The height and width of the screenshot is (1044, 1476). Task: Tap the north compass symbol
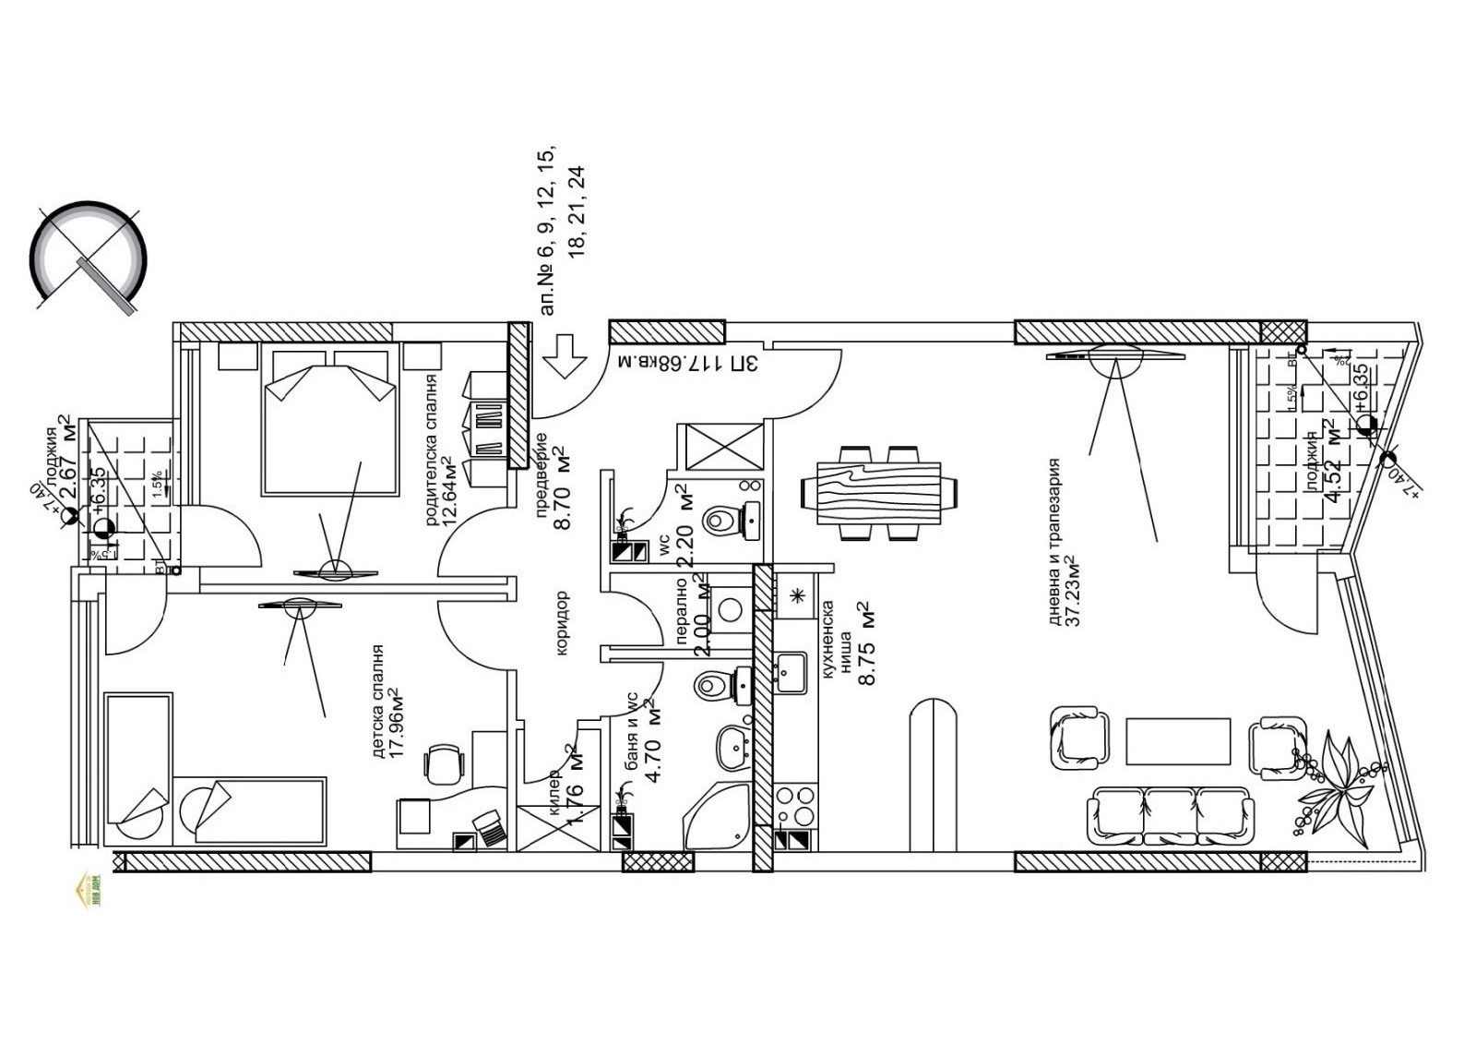(x=88, y=258)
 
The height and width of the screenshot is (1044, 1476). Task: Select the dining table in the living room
(x=880, y=492)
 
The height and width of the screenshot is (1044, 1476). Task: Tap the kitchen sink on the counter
(x=791, y=671)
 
